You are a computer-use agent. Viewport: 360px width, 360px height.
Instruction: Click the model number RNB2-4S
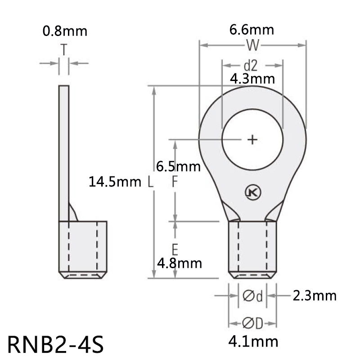56,344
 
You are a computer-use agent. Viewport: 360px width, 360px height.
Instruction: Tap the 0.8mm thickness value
64,31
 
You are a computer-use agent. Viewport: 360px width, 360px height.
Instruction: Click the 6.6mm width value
252,30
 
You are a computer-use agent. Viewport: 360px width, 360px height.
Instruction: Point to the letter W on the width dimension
252,45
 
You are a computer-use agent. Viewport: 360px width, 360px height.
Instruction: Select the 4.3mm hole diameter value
252,79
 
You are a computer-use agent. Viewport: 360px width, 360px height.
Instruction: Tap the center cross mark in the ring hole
253,139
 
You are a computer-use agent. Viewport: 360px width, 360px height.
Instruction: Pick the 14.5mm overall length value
115,182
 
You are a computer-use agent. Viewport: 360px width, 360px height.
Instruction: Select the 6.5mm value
178,166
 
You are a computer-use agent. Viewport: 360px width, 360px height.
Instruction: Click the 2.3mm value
314,296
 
